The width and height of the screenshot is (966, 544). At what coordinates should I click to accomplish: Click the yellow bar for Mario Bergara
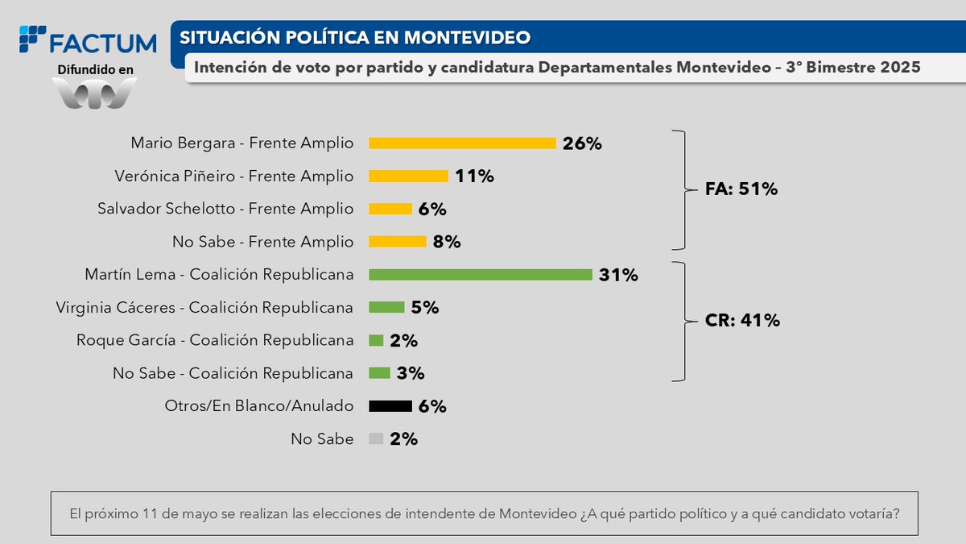click(x=462, y=143)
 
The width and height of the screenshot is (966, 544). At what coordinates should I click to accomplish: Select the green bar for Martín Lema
click(x=481, y=275)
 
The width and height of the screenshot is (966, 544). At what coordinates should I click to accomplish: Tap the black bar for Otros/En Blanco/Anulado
click(x=390, y=406)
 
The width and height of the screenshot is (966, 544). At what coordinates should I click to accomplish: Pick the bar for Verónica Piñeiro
click(x=408, y=176)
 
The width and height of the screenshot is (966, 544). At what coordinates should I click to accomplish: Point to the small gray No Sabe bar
click(x=376, y=439)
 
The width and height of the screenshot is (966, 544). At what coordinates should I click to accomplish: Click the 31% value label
click(x=618, y=275)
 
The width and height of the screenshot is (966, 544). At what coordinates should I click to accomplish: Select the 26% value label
click(x=582, y=143)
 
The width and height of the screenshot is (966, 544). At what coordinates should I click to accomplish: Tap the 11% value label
click(x=474, y=176)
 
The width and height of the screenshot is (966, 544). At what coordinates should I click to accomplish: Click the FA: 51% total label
click(x=740, y=189)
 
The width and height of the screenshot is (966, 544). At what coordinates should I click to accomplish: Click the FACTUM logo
click(x=89, y=41)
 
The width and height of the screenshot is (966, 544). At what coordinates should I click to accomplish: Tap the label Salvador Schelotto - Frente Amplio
click(x=225, y=209)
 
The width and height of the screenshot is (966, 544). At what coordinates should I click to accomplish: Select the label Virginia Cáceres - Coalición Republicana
click(x=204, y=308)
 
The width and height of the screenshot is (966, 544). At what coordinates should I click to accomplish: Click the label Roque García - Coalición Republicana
click(x=215, y=340)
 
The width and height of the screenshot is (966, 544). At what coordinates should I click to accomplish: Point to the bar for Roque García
click(x=376, y=340)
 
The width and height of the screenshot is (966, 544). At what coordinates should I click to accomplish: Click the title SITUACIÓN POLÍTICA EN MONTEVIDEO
click(x=355, y=38)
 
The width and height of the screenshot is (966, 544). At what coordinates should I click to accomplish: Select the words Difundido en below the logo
click(x=96, y=70)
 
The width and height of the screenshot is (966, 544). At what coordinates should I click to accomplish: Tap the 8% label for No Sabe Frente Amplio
click(x=447, y=242)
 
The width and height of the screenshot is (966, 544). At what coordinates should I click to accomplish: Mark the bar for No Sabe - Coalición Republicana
click(x=379, y=373)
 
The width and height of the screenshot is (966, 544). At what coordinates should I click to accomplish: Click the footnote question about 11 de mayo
click(x=484, y=513)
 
